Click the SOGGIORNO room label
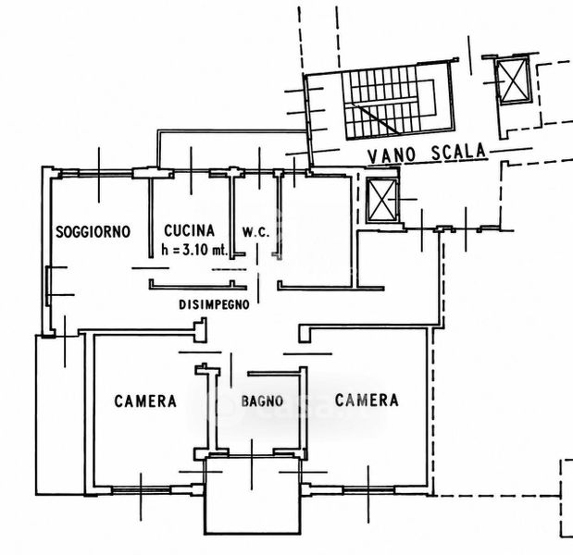click(93, 231)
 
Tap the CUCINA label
click(189, 230)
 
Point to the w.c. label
click(255, 232)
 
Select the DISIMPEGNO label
click(214, 304)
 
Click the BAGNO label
click(262, 401)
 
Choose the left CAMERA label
click(145, 401)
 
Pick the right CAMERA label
click(367, 401)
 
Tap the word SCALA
click(458, 152)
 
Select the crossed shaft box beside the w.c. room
click(381, 201)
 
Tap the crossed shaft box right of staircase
click(513, 81)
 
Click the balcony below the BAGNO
click(252, 495)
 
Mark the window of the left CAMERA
click(141, 490)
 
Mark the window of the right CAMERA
click(368, 489)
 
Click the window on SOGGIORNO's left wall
click(48, 286)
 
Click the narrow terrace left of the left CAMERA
click(60, 414)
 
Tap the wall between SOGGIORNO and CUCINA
click(151, 217)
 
